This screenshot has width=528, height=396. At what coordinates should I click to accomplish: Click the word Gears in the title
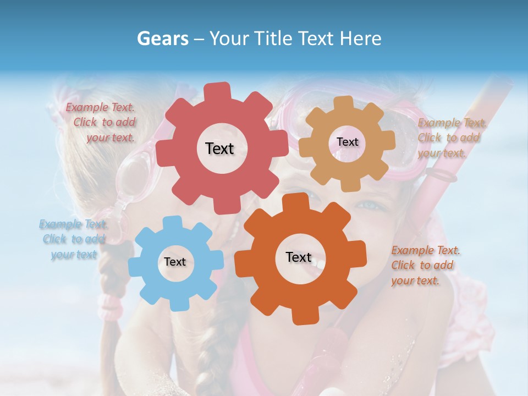(162, 38)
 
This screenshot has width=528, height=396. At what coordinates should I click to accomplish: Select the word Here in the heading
(361, 38)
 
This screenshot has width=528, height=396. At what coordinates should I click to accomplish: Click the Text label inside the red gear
(219, 148)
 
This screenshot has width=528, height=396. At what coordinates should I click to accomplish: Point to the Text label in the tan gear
(347, 142)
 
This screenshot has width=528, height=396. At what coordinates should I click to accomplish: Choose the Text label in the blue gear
(175, 262)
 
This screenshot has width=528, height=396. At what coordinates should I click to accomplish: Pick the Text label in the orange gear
(299, 257)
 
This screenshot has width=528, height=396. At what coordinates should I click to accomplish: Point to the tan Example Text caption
(451, 137)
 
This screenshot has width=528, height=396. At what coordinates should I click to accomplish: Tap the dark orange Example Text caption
(425, 265)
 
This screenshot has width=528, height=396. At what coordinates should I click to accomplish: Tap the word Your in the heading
(229, 38)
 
